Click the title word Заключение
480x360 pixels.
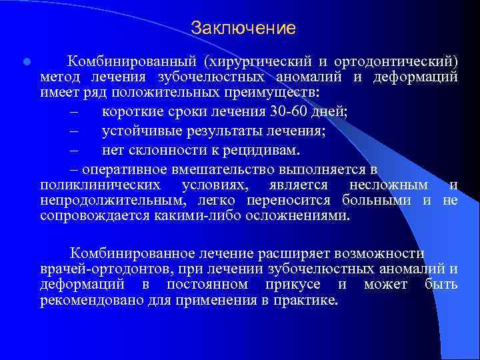click(243, 28)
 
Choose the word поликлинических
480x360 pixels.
click(100, 185)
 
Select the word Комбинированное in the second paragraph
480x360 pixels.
click(132, 253)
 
